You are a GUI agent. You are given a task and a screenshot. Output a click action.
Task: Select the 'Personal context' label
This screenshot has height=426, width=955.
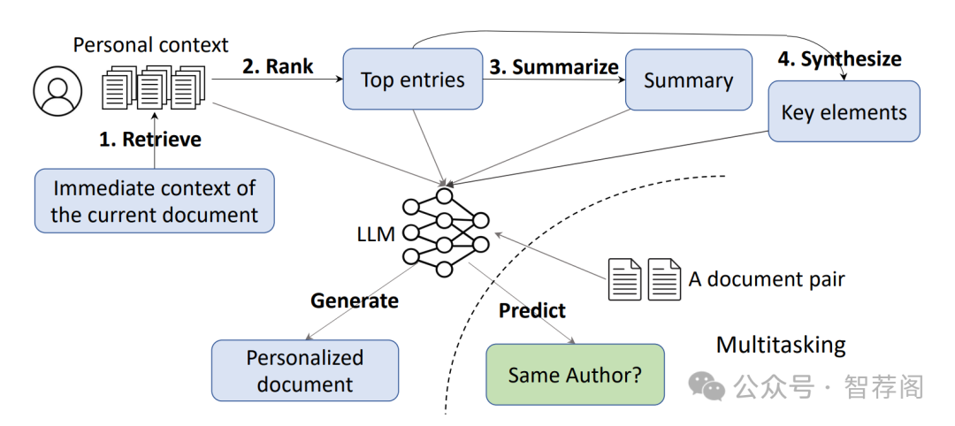[x=150, y=45]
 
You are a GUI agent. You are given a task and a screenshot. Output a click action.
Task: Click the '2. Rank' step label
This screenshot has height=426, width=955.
[x=278, y=66]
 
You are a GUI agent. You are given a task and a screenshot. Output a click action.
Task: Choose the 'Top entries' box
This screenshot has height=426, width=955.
[x=412, y=80]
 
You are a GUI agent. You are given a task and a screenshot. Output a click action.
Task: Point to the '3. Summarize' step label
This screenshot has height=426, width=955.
[x=554, y=67]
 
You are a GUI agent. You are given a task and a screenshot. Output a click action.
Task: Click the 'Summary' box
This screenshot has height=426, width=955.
[x=688, y=80]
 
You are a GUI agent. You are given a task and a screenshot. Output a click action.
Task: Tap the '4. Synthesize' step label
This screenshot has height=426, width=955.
[x=839, y=59]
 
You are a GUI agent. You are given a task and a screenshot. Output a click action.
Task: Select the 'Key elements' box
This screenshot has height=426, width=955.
[x=844, y=112]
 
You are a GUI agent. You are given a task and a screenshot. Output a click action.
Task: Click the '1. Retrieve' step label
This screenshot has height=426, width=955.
[x=149, y=139]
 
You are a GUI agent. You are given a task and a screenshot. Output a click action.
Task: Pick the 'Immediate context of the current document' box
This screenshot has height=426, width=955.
[x=154, y=201]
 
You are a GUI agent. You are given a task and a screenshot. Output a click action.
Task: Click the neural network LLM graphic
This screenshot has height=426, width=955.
[x=446, y=232]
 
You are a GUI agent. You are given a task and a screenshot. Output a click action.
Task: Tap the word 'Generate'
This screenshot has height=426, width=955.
[x=354, y=300]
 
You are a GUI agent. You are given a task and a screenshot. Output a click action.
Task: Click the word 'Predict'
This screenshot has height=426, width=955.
[x=531, y=310]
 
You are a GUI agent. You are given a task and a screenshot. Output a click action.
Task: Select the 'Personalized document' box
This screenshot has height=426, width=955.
[x=304, y=370]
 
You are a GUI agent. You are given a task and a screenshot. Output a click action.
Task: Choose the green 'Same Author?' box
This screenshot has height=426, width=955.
[x=575, y=375]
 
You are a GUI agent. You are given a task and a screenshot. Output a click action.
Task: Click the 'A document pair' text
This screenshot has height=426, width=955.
[x=767, y=280]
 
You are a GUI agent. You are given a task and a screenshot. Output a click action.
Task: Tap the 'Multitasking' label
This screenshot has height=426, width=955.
[x=780, y=344]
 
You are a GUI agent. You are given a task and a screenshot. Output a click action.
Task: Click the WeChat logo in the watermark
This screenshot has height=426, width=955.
[x=707, y=385]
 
